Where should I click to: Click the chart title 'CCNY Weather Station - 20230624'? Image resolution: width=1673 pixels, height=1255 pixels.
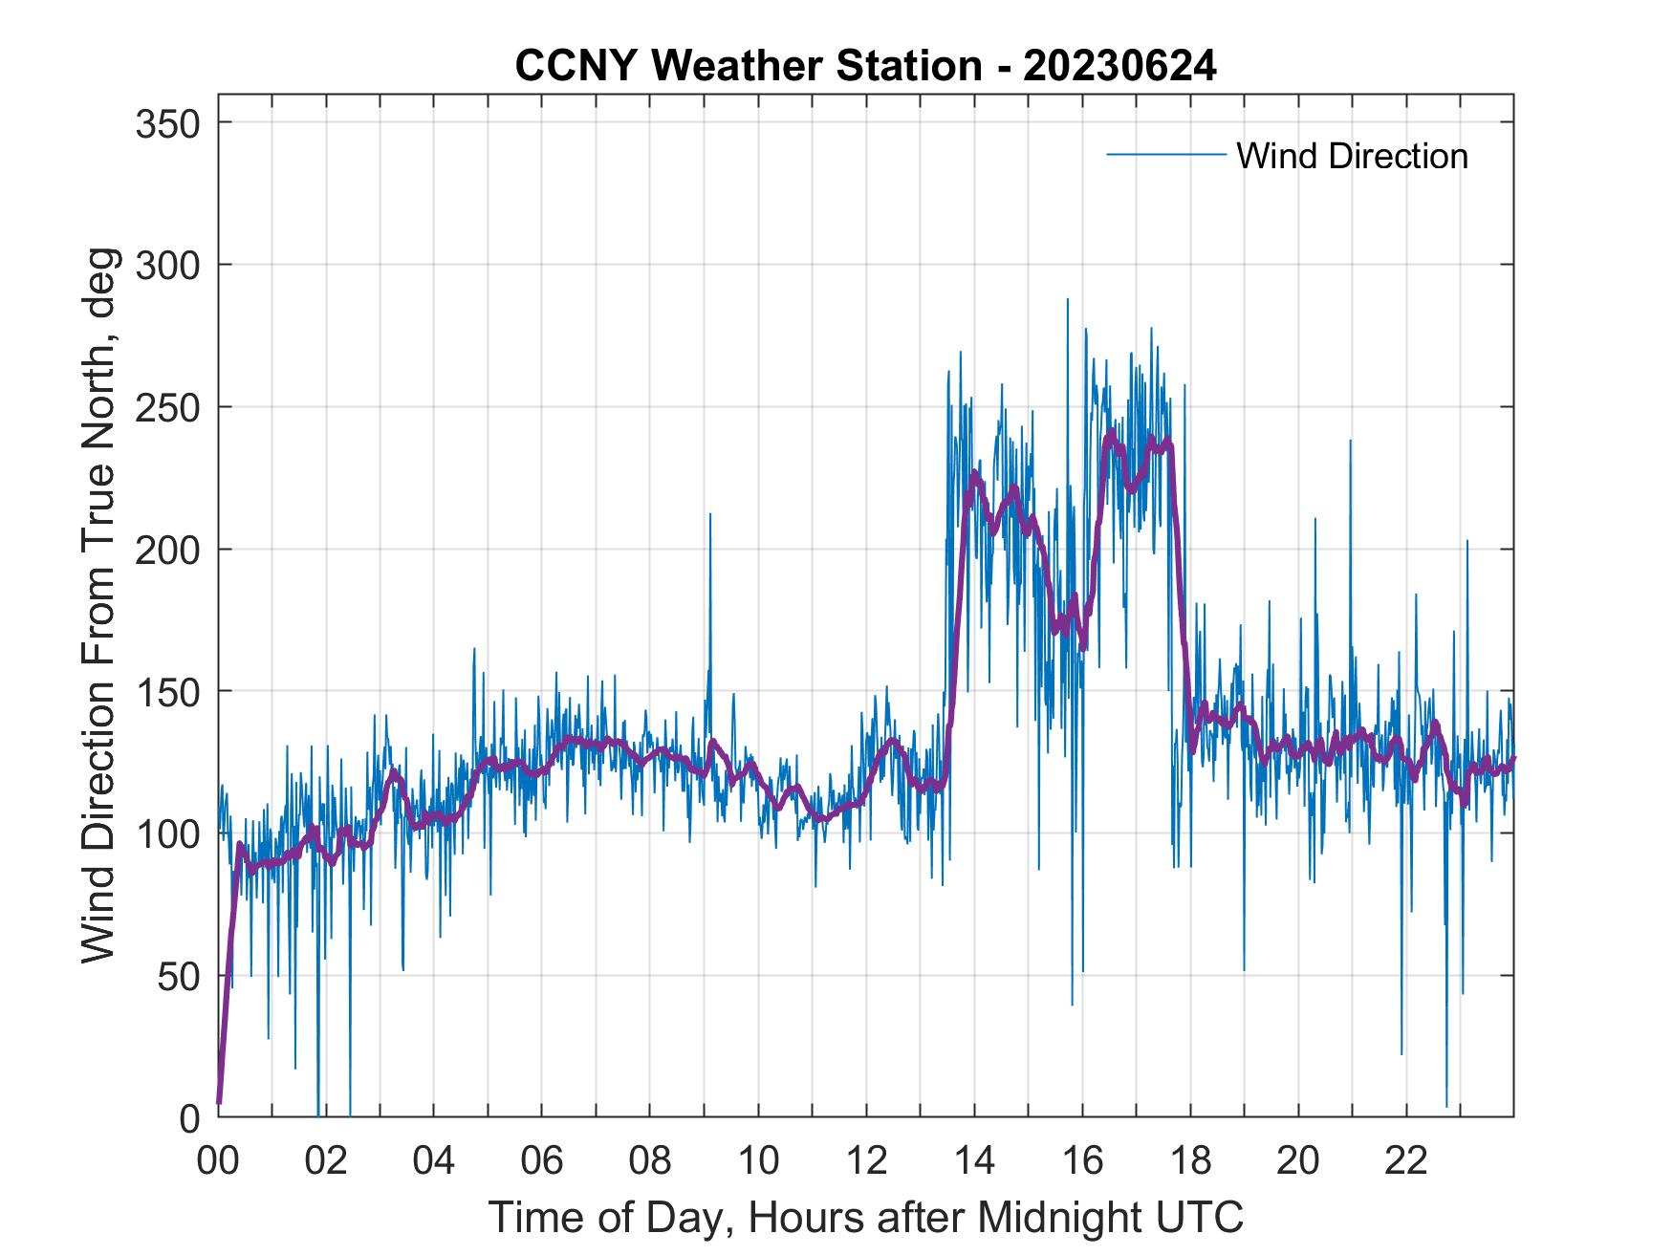pos(865,66)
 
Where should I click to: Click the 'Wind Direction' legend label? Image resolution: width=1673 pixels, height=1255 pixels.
pos(1352,156)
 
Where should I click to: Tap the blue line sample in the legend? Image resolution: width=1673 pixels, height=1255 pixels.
pos(1165,154)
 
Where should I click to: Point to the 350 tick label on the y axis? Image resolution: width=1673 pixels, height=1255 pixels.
pos(167,123)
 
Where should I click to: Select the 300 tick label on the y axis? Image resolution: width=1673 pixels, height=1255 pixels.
pos(167,265)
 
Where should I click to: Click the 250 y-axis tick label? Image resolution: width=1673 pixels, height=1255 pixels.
pos(167,407)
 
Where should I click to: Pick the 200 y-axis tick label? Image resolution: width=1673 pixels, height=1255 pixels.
pos(167,550)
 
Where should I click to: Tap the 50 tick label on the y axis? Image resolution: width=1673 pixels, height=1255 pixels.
pos(178,976)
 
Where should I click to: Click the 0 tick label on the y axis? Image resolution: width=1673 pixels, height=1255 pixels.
pos(189,1118)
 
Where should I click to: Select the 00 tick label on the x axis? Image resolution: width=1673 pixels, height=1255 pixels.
pos(218,1161)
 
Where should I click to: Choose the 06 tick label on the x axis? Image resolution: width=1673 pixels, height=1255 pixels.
pos(542,1161)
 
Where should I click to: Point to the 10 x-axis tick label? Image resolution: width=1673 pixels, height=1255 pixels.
pos(758,1161)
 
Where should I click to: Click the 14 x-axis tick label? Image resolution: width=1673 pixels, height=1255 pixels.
pos(974,1161)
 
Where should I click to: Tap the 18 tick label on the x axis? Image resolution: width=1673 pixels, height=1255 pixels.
pos(1190,1161)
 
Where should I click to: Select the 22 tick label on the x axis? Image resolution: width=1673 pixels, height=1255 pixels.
pos(1406,1161)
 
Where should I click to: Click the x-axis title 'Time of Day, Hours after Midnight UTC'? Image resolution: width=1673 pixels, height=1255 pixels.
pos(865,1217)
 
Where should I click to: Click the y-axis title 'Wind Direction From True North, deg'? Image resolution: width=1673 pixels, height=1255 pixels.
pos(98,606)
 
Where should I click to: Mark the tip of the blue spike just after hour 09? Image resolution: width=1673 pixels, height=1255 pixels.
pos(710,514)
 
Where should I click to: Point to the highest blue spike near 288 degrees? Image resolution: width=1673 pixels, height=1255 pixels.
pos(1068,299)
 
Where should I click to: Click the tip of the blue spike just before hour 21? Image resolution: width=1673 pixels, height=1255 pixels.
pos(1350,441)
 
